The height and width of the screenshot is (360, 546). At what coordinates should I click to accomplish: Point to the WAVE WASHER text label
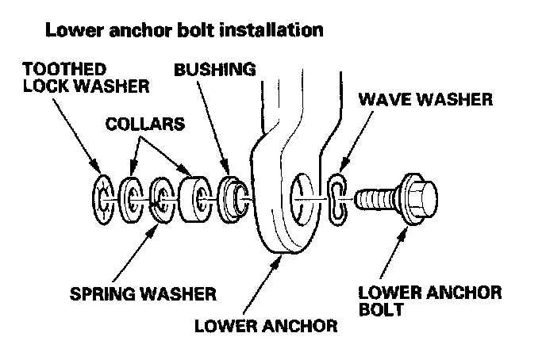click(425, 101)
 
